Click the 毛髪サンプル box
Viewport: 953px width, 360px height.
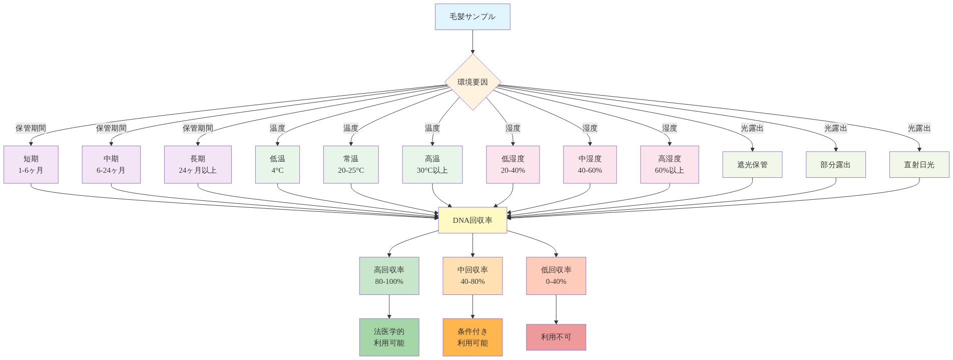(x=472, y=17)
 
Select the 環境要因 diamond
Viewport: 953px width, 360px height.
(x=472, y=82)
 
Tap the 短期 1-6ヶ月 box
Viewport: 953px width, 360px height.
(x=31, y=165)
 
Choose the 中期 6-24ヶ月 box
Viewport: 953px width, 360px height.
(x=111, y=165)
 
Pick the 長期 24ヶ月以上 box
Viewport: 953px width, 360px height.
(x=198, y=165)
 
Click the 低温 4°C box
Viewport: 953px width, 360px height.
(x=277, y=165)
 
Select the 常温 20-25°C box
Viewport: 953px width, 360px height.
(x=351, y=165)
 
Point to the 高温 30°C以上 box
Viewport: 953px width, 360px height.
(x=432, y=165)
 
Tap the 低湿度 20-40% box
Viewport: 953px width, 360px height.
(x=513, y=165)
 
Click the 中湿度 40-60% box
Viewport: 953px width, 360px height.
(x=590, y=165)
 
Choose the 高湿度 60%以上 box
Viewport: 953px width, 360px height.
(x=670, y=165)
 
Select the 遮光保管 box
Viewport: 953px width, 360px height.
(x=752, y=165)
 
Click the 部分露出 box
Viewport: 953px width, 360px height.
(x=835, y=165)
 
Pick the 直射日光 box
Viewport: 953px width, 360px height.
(x=919, y=165)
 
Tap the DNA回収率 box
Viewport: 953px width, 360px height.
(x=472, y=220)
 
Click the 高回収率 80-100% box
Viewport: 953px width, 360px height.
(x=389, y=276)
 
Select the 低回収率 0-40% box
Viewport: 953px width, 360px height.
(x=556, y=276)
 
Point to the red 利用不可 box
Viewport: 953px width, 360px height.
(x=556, y=337)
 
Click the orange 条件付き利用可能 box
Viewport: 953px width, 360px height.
(x=472, y=337)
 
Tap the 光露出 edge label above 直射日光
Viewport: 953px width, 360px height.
(x=919, y=128)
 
